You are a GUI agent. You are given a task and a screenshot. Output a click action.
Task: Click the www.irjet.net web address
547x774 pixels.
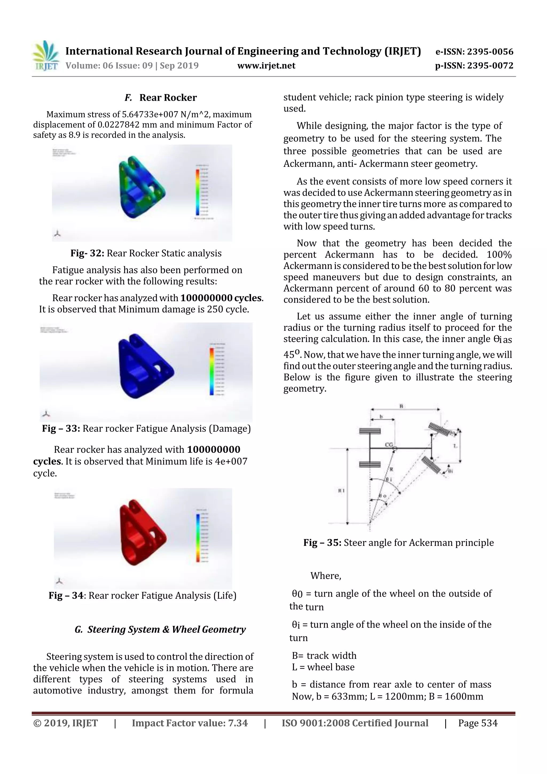pos(266,66)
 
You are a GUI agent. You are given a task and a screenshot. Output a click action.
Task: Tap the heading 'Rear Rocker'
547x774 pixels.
pos(168,98)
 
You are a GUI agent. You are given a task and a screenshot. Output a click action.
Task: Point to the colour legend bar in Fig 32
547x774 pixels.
pos(197,192)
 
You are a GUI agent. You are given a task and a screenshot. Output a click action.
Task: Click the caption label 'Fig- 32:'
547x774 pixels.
pos(87,253)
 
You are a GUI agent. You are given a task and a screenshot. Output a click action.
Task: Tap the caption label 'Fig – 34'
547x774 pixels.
pos(66,596)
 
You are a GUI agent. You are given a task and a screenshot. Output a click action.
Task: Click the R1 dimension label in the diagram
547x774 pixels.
pos(341,491)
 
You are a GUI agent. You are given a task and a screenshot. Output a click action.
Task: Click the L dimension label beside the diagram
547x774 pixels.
pos(455,446)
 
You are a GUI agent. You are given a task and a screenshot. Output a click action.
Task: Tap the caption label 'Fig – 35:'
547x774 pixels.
pos(322,543)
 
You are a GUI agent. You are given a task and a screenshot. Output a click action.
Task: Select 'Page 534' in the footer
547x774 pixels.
pos(477,723)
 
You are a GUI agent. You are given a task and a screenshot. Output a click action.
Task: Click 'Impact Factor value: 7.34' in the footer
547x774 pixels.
pos(189,723)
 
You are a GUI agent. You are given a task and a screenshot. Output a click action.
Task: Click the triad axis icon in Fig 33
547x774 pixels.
pos(46,414)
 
